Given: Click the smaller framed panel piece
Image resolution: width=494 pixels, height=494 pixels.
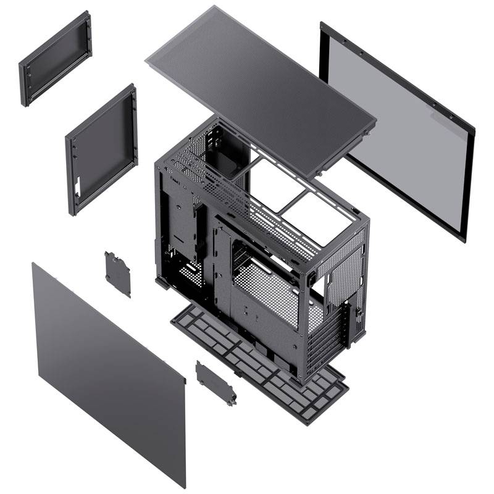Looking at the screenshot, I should (x=55, y=59).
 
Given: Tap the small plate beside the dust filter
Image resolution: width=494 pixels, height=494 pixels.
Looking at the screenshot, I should (x=216, y=383).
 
